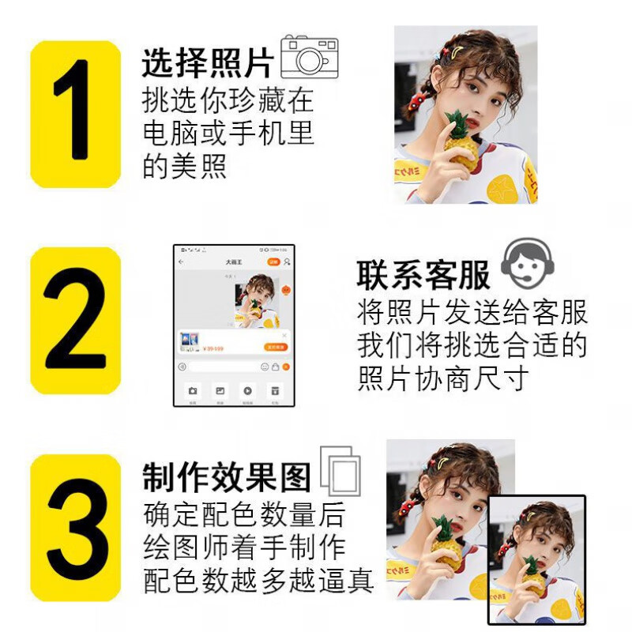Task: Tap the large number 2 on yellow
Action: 75,320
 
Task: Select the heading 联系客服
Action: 423,275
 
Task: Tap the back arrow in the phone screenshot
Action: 182,261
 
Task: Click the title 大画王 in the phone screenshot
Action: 233,261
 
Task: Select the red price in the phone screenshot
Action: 214,348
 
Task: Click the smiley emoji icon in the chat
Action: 265,367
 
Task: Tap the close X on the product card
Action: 284,335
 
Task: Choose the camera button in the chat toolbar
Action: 192,390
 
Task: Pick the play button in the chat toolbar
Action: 247,390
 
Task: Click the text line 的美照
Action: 185,166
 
